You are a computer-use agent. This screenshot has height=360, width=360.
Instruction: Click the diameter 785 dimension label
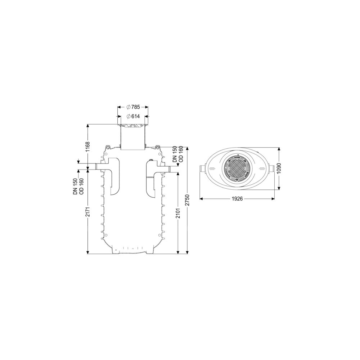[133, 107]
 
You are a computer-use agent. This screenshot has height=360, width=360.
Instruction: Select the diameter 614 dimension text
[133, 116]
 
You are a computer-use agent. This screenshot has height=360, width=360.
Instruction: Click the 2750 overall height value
[188, 200]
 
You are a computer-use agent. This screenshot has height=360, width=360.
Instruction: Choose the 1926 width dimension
[237, 199]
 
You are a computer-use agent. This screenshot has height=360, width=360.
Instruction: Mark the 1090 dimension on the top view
[279, 169]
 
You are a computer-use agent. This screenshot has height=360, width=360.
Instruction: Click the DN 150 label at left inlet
[76, 186]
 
